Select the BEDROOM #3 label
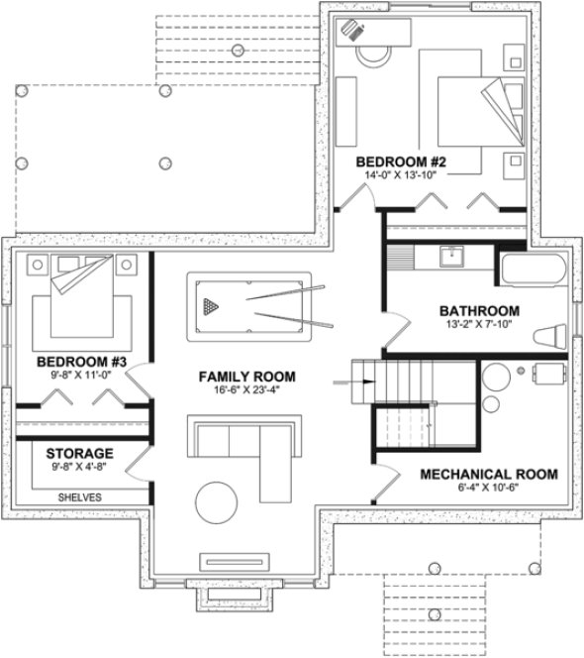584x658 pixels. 76,363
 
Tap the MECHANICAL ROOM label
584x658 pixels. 488,473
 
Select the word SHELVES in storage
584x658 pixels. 78,497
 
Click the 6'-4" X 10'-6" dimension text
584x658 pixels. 488,488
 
